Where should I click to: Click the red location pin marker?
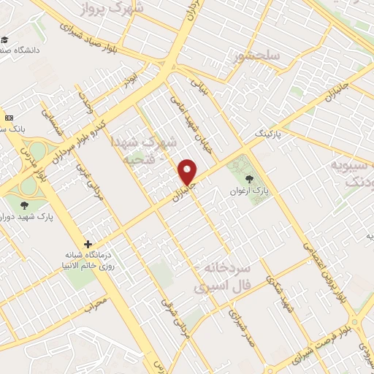coord(188,172)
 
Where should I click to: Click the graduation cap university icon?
coord(5,39)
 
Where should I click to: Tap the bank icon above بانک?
coord(9,117)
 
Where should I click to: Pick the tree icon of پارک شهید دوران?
coord(26,205)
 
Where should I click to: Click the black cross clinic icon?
coord(88,244)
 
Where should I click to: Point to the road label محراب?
coord(95,303)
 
